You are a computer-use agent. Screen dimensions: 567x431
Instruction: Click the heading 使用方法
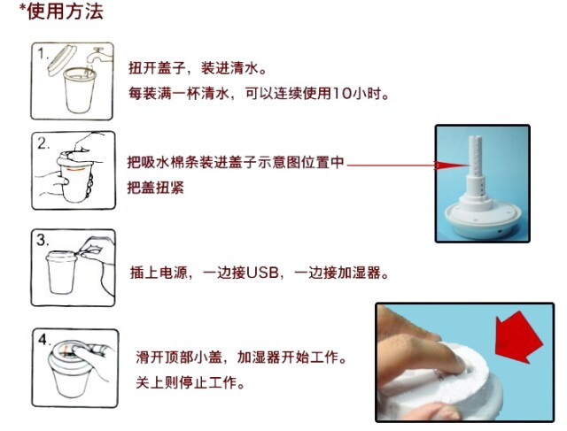[x=65, y=11]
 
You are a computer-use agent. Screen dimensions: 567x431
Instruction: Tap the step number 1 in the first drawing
[x=43, y=54]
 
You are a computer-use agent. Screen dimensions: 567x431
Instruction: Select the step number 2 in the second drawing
[x=43, y=143]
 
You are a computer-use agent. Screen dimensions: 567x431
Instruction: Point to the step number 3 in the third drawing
[x=43, y=240]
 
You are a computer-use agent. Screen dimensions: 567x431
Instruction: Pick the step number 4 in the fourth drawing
[x=44, y=340]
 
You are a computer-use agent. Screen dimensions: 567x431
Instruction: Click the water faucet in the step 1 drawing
[x=100, y=55]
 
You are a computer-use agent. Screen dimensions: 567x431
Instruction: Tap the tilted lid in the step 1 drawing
[x=61, y=60]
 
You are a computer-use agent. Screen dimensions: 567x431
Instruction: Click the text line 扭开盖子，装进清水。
[x=198, y=68]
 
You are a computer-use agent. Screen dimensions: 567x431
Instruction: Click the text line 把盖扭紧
[x=156, y=188]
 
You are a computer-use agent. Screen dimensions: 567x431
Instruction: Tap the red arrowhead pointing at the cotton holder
[x=452, y=165]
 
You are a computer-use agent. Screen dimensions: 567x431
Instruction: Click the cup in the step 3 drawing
[x=61, y=272]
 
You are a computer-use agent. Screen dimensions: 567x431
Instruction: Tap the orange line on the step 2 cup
[x=74, y=169]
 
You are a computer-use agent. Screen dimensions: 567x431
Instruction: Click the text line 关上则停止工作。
[x=190, y=382]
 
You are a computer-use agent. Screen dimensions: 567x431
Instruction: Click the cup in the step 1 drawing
[x=80, y=89]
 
